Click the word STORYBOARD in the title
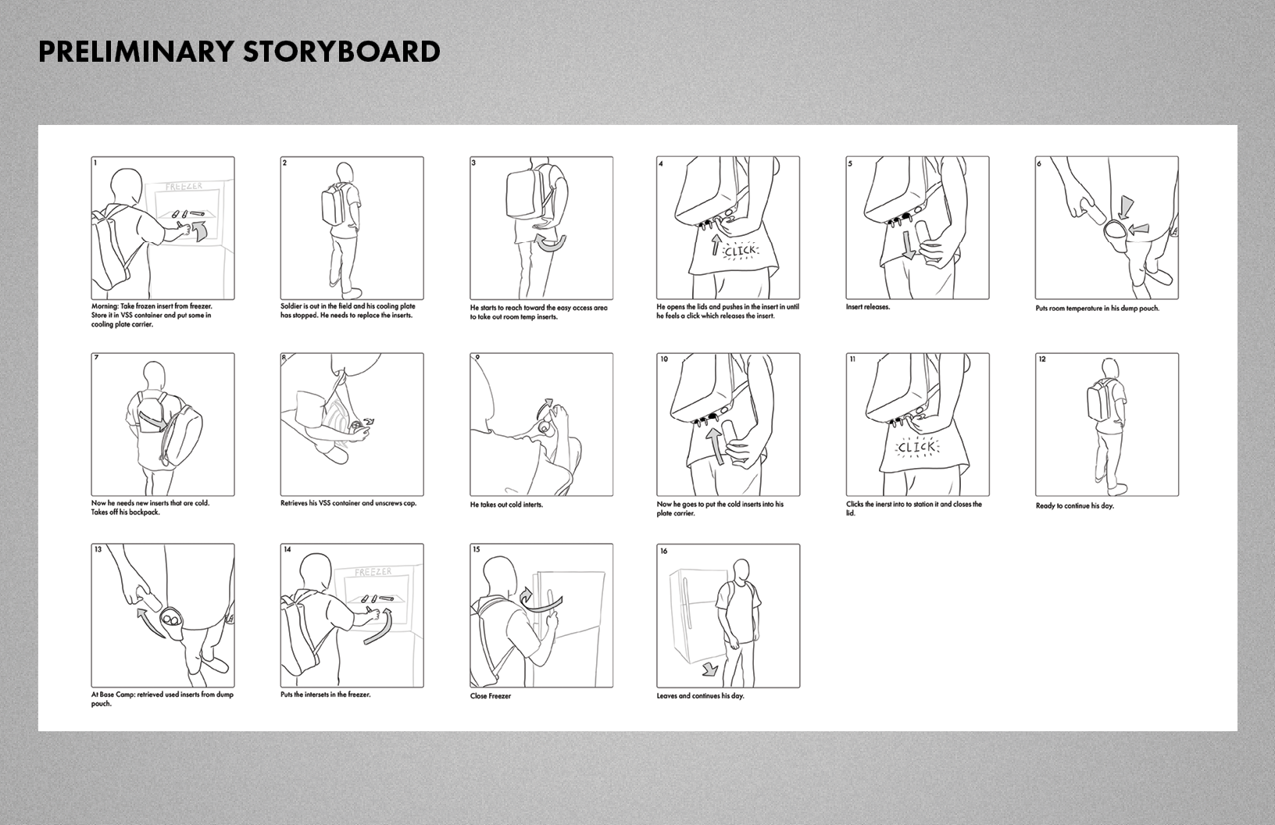(341, 52)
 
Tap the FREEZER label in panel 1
(184, 187)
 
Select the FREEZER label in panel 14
(373, 572)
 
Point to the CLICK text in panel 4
(740, 251)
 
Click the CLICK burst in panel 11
(916, 448)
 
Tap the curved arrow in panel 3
(551, 245)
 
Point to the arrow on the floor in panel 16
(709, 669)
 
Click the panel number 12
(1042, 359)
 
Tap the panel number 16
(664, 551)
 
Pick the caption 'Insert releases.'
(868, 308)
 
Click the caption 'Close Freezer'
(491, 696)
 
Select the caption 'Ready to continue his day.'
(1075, 505)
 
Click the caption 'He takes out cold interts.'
(506, 505)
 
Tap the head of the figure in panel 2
(345, 173)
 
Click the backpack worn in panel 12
(1097, 400)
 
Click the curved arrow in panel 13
(149, 623)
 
